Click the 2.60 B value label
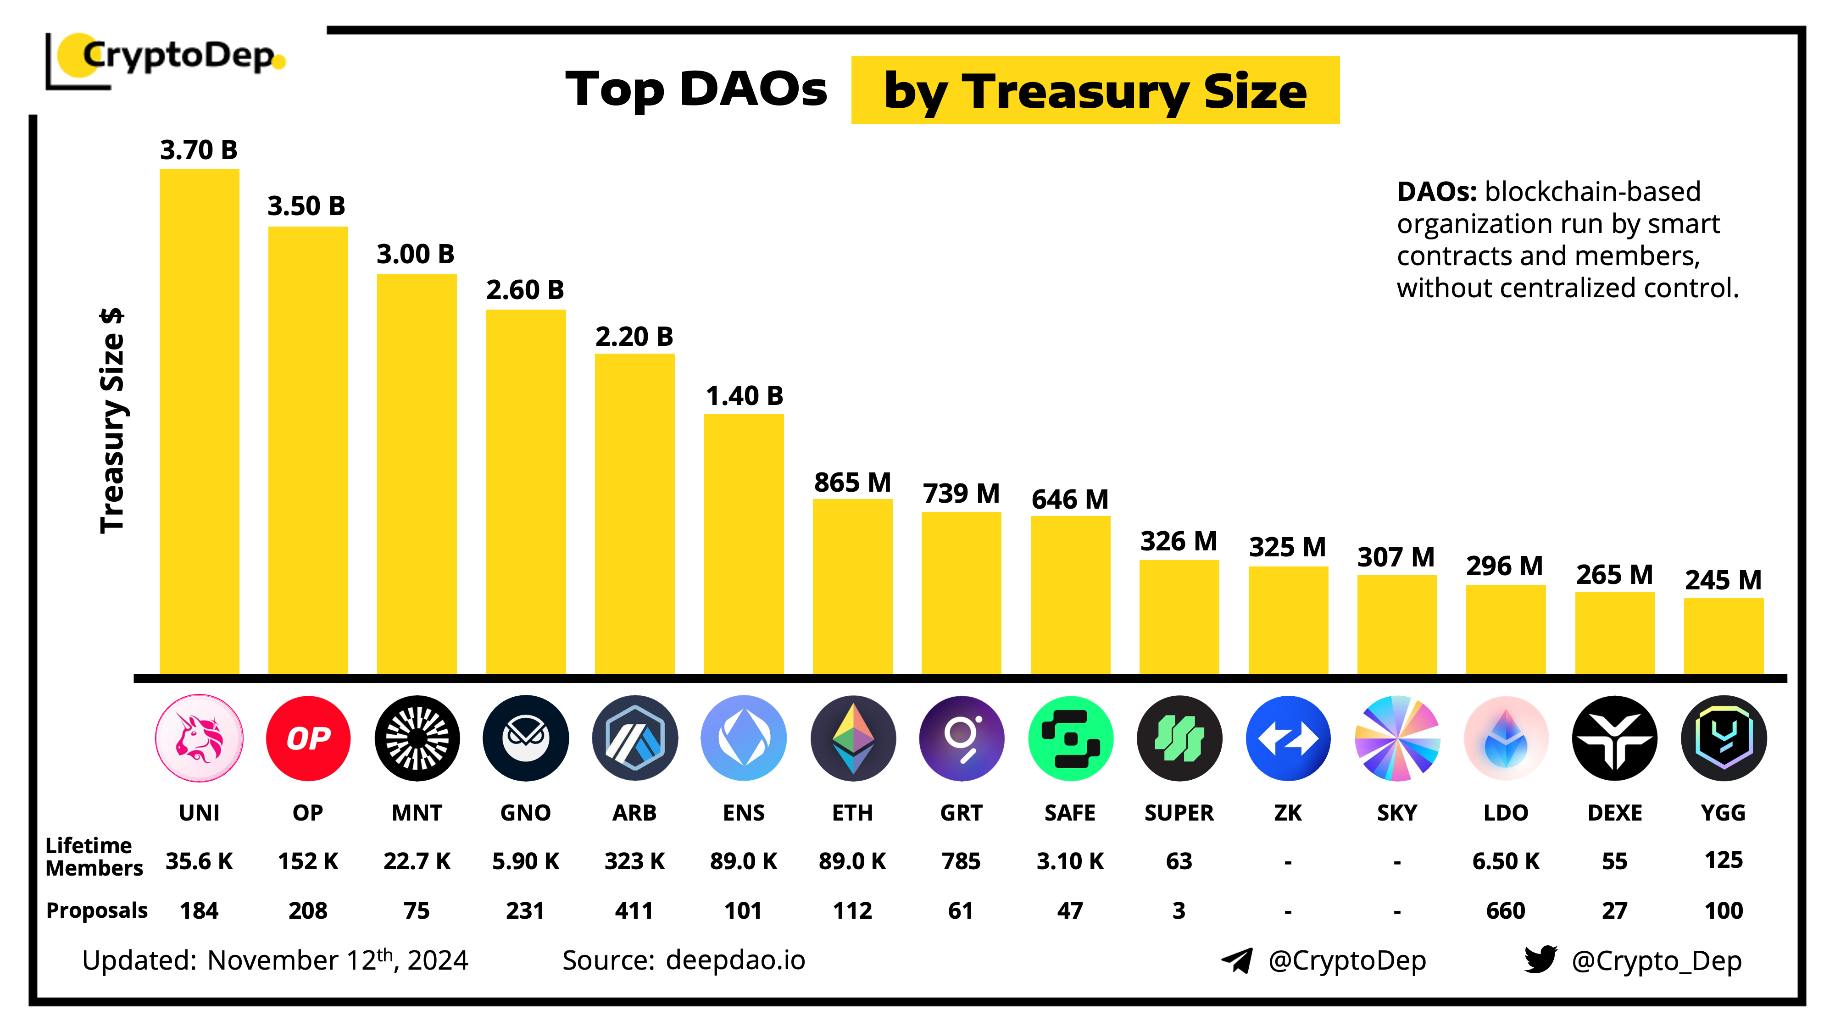[x=525, y=290]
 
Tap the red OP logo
[x=308, y=738]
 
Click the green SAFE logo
[x=1070, y=738]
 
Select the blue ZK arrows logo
[x=1288, y=738]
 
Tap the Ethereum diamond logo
[x=853, y=738]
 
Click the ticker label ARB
[x=634, y=813]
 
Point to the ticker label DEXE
[x=1614, y=813]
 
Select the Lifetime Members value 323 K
[x=634, y=861]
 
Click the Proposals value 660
[x=1505, y=910]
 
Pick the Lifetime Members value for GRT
[x=961, y=861]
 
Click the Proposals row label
[x=96, y=910]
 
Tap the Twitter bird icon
[x=1540, y=960]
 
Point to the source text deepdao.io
[x=735, y=960]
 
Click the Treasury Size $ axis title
[x=112, y=420]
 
